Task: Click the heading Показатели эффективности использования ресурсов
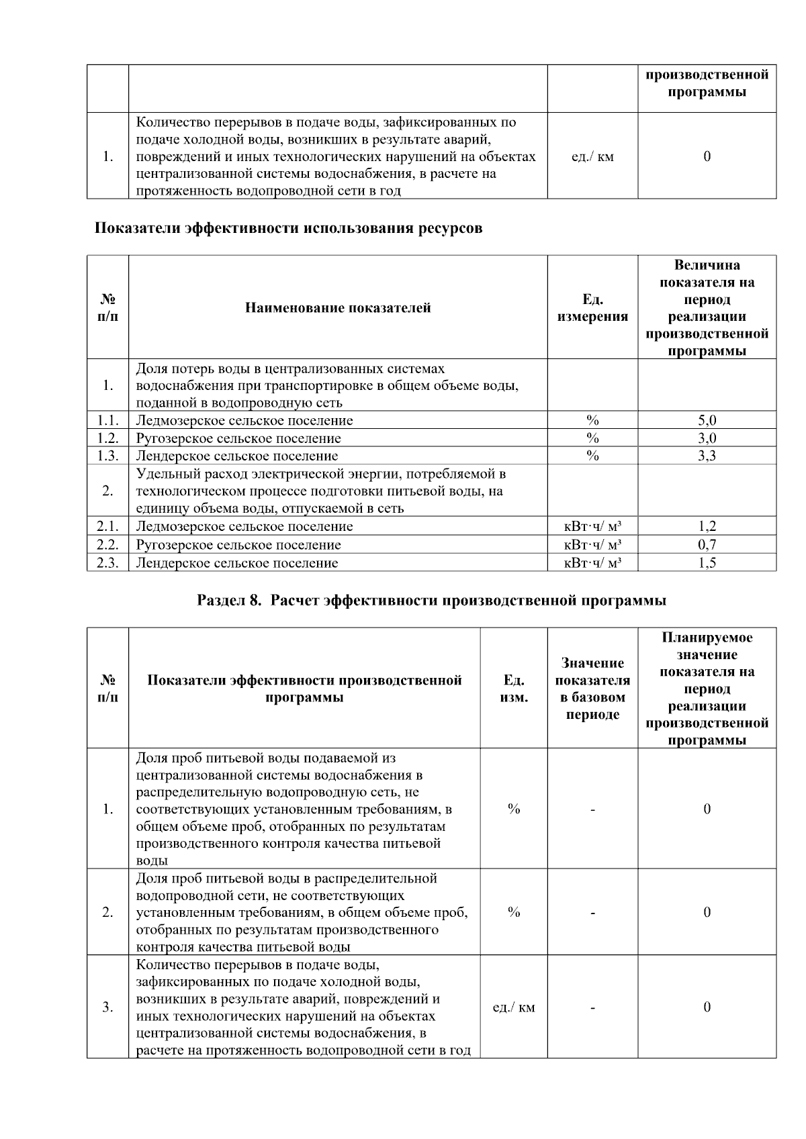tap(287, 228)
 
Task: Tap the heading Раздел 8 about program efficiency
tap(431, 600)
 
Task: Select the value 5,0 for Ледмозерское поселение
tap(707, 421)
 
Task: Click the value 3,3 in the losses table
tap(707, 456)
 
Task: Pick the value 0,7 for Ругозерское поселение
tap(707, 545)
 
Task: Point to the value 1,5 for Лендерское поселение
tap(707, 563)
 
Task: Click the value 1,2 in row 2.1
tap(707, 527)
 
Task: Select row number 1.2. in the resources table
tap(107, 438)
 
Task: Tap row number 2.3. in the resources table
tap(107, 563)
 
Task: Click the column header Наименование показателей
tap(338, 308)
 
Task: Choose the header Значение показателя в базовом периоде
tap(592, 689)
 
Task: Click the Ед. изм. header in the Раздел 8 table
tap(514, 689)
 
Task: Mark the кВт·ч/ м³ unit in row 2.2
tap(592, 545)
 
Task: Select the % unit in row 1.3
tap(592, 456)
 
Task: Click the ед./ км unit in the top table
tap(592, 157)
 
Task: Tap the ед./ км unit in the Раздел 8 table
tap(514, 1007)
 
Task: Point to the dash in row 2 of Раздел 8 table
tap(592, 913)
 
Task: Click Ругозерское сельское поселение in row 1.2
tap(238, 438)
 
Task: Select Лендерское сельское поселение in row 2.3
tap(236, 563)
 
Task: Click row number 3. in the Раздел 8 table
tap(107, 1007)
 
